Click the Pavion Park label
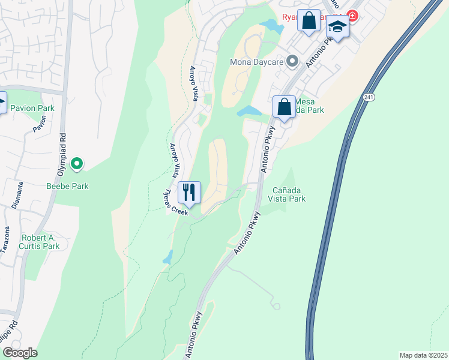point(32,109)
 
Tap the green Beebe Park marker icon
point(76,163)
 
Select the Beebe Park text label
point(68,186)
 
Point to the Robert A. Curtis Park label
point(41,242)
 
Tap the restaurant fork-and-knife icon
point(190,192)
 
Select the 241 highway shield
point(369,97)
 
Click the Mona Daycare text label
point(257,61)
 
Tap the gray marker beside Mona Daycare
point(292,61)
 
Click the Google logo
point(20,352)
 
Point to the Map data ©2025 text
point(423,355)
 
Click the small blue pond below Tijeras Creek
point(168,257)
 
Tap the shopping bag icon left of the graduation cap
point(309,20)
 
